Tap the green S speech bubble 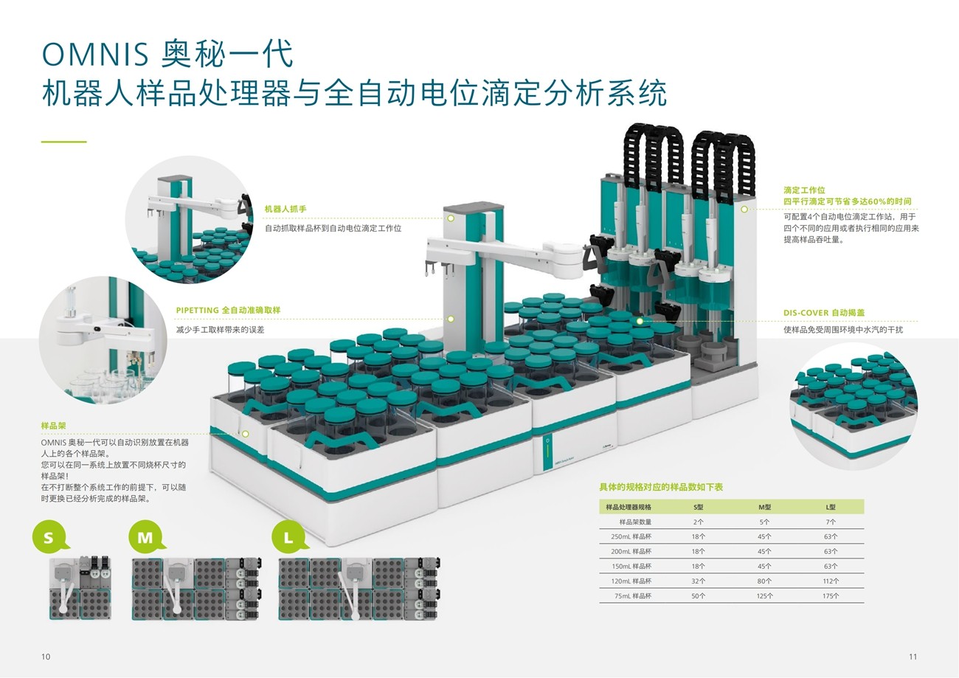(49, 537)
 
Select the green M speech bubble (145, 537)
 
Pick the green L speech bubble (289, 537)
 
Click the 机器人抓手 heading (285, 210)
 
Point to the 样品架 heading (55, 426)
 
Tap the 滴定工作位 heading (804, 190)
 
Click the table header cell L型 (831, 507)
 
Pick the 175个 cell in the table (831, 595)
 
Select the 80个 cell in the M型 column (764, 581)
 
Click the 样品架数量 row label (629, 522)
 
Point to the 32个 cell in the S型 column (698, 581)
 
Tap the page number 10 (46, 657)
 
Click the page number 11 (913, 657)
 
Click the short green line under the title (63, 141)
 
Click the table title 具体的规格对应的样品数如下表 (661, 488)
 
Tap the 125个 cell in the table (764, 595)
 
